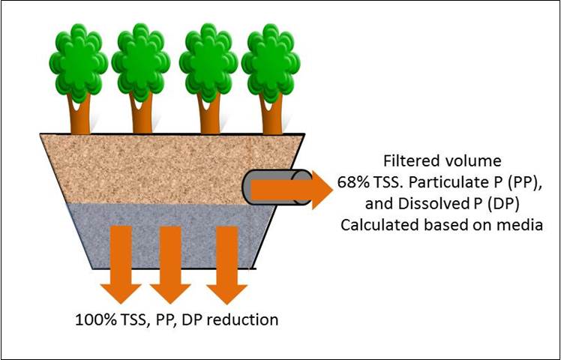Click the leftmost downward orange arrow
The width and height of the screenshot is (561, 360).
[119, 262]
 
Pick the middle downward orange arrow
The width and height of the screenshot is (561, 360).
[170, 262]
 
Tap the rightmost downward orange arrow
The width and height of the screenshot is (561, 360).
[226, 262]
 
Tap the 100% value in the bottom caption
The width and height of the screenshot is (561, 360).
[93, 319]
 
